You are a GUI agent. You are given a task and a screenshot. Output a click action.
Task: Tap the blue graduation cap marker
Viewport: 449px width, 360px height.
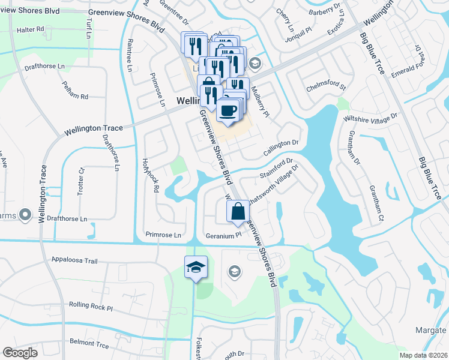195,267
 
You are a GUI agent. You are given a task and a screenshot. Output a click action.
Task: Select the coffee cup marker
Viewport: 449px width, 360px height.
229,110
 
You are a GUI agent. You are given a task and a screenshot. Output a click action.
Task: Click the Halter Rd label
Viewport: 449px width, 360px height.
31,29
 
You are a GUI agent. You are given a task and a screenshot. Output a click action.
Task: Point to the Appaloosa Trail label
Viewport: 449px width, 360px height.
74,262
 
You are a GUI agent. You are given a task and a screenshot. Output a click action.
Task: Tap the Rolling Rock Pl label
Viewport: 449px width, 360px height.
91,307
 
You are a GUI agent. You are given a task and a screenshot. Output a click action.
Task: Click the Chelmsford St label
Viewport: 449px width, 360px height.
327,87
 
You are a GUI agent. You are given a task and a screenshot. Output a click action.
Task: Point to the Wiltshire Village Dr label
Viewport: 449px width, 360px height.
370,116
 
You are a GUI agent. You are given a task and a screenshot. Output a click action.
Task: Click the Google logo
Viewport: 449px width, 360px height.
20,352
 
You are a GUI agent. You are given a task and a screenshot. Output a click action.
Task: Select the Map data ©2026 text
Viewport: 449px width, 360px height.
422,355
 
